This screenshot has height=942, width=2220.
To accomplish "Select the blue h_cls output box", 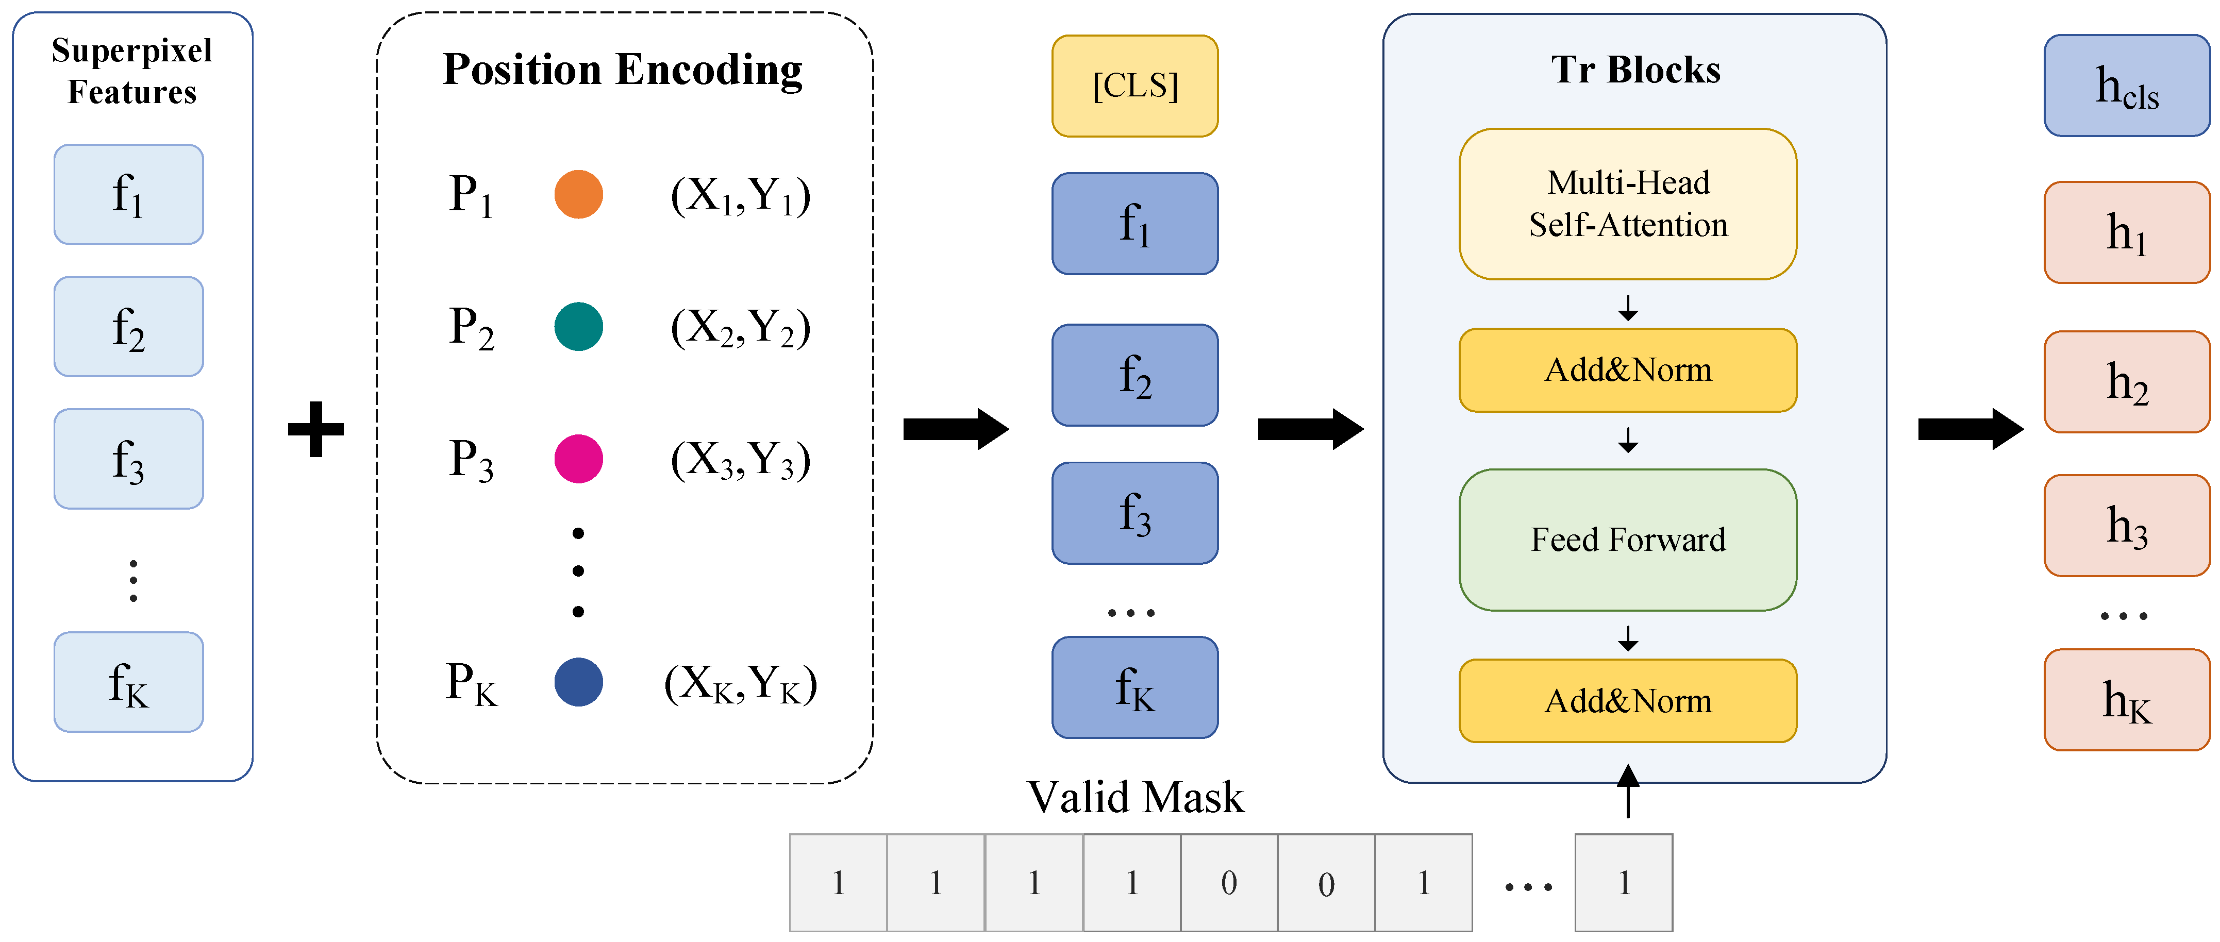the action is [x=2126, y=86].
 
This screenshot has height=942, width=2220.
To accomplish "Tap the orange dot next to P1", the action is [x=578, y=194].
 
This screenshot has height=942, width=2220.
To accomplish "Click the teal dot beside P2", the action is [x=578, y=327].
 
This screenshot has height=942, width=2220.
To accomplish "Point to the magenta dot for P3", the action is [x=578, y=459].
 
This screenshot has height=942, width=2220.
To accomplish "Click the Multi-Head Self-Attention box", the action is [x=1627, y=204].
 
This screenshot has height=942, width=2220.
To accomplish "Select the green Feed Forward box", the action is [x=1627, y=540].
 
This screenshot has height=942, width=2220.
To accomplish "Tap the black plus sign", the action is [x=315, y=429].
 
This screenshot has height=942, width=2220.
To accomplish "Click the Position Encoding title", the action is [x=622, y=70].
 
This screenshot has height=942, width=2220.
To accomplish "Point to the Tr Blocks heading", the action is [x=1635, y=70].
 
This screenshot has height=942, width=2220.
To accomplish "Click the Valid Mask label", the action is [x=1135, y=797].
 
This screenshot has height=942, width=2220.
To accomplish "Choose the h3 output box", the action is [x=2126, y=525].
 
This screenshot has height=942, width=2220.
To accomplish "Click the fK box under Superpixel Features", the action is [x=128, y=682].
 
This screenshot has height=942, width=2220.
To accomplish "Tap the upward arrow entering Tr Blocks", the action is [x=1627, y=790].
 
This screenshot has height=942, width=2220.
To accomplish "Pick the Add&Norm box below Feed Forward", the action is [x=1627, y=701].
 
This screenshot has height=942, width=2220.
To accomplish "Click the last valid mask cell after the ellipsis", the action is [x=1624, y=883].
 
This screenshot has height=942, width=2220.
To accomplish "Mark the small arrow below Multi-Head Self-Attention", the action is [x=1627, y=308].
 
